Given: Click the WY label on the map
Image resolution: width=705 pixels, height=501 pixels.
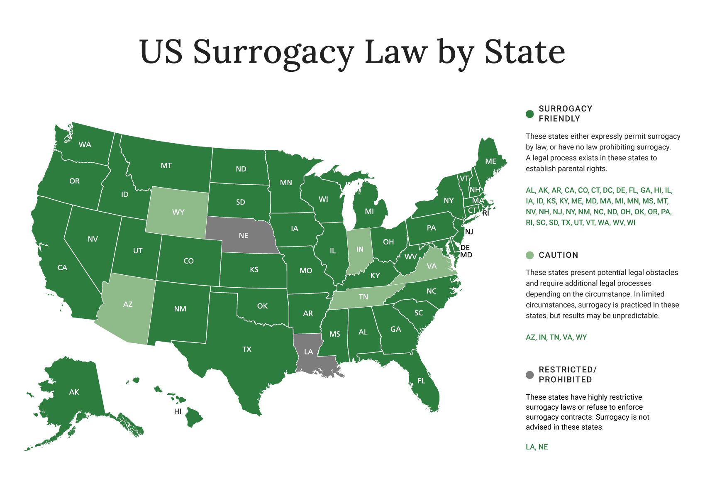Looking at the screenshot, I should tap(178, 212).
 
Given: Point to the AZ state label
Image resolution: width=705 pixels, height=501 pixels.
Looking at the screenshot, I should tap(128, 304).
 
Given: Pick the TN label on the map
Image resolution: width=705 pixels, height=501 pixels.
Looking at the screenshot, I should tap(363, 297).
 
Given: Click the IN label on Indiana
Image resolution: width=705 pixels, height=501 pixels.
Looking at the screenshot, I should tap(360, 249).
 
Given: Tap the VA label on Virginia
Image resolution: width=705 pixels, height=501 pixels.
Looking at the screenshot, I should tap(432, 266).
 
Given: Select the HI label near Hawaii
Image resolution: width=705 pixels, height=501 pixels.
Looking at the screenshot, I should tap(178, 411).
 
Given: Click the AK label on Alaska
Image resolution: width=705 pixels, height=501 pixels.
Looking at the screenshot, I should tap(74, 392).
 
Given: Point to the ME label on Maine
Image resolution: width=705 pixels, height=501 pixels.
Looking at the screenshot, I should tap(490, 161).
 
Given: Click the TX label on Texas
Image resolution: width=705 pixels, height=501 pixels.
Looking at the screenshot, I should tap(247, 349).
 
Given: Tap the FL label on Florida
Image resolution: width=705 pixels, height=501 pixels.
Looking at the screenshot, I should tap(421, 381).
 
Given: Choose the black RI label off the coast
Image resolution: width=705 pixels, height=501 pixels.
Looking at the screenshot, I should tap(486, 213).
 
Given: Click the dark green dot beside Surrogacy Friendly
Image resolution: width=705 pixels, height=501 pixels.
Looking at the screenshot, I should tap(529, 114).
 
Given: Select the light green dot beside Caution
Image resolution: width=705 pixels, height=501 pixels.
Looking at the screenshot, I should tap(529, 255).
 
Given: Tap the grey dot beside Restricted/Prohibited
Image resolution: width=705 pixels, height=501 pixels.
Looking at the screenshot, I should tap(529, 375).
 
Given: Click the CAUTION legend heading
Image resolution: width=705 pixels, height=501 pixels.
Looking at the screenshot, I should tap(558, 255).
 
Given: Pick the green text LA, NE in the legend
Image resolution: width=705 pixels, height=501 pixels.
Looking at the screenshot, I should tap(537, 447).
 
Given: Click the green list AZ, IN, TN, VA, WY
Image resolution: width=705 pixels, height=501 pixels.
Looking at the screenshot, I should tap(556, 337).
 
